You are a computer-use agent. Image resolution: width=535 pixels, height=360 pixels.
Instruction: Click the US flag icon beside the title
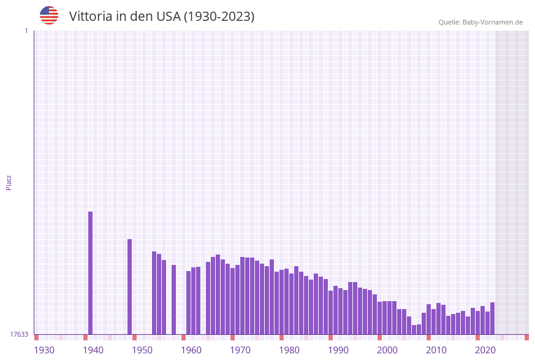49,15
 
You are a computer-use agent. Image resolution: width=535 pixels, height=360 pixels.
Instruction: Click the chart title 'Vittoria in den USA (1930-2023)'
162,17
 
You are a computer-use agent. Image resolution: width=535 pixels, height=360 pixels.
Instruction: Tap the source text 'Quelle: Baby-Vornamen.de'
480,22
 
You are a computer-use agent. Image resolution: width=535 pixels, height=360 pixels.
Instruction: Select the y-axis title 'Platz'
9,182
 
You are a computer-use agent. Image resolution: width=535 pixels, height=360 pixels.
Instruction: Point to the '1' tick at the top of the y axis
26,31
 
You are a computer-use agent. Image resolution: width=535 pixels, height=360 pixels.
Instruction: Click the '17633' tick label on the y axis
19,334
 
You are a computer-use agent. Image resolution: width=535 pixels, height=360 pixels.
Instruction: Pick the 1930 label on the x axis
44,350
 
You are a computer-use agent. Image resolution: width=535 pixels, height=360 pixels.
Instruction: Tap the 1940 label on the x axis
93,350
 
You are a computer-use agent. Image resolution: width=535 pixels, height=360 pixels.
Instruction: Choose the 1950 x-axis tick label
142,350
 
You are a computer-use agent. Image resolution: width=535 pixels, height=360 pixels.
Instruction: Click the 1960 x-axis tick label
191,350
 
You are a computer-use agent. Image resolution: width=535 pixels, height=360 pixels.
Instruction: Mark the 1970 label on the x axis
240,350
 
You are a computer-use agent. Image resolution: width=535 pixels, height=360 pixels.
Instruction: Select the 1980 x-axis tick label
289,350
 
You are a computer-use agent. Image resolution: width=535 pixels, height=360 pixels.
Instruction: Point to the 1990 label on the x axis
338,350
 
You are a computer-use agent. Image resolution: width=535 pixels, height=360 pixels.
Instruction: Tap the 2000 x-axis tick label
387,350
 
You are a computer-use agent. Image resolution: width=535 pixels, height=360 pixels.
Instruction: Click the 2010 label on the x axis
436,350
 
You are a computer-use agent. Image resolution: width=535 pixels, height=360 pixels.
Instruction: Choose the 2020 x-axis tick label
485,350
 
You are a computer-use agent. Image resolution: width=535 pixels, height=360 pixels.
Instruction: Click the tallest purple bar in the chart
91,273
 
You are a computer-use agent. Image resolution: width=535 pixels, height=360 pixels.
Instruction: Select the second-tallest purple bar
130,286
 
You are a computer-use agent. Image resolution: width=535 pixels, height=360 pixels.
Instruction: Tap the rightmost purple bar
492,318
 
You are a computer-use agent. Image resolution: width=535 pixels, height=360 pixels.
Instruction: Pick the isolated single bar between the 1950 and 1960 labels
174,299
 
